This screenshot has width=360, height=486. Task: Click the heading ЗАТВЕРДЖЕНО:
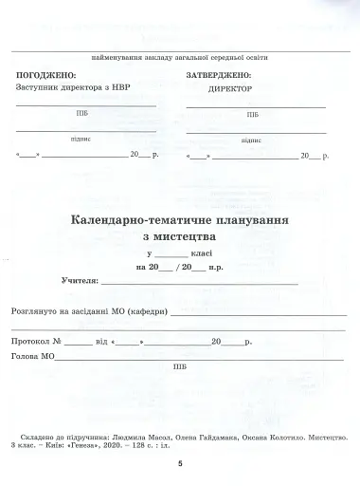pyautogui.click(x=219, y=74)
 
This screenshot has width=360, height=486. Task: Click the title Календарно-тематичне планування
pyautogui.click(x=180, y=219)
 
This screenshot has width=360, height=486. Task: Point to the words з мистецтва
pyautogui.click(x=180, y=236)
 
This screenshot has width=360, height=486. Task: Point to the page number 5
pyautogui.click(x=179, y=464)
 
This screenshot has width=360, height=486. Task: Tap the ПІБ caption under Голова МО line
pyautogui.click(x=180, y=367)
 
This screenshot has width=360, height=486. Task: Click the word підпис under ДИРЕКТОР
pyautogui.click(x=251, y=140)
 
